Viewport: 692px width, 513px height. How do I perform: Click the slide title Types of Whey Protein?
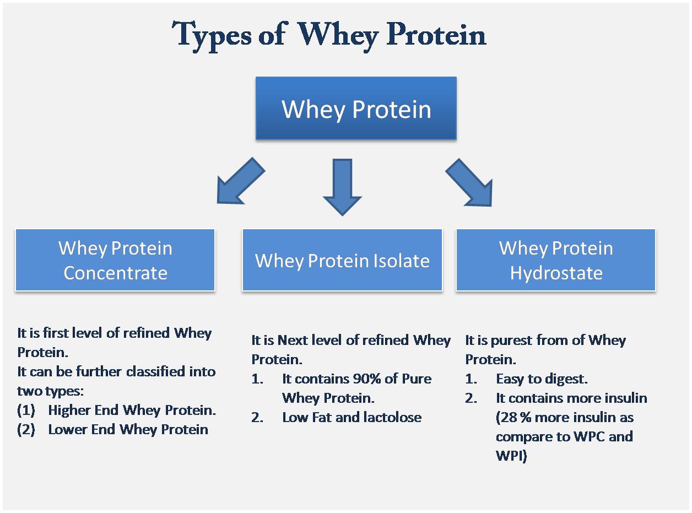[329, 34]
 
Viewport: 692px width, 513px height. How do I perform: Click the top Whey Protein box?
[356, 109]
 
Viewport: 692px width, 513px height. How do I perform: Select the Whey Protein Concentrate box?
[115, 260]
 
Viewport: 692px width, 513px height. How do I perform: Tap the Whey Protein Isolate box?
[342, 260]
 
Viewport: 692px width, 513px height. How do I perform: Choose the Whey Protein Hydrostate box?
[555, 260]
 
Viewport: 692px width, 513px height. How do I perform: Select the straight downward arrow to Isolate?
[342, 186]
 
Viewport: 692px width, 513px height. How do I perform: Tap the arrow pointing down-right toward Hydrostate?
[469, 182]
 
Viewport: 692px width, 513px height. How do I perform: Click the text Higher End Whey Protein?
[132, 411]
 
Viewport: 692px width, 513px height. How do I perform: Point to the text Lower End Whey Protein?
[128, 430]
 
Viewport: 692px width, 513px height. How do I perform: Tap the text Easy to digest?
[542, 379]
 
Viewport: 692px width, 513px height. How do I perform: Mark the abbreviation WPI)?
[511, 456]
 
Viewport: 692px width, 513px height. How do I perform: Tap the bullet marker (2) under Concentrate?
[26, 430]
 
